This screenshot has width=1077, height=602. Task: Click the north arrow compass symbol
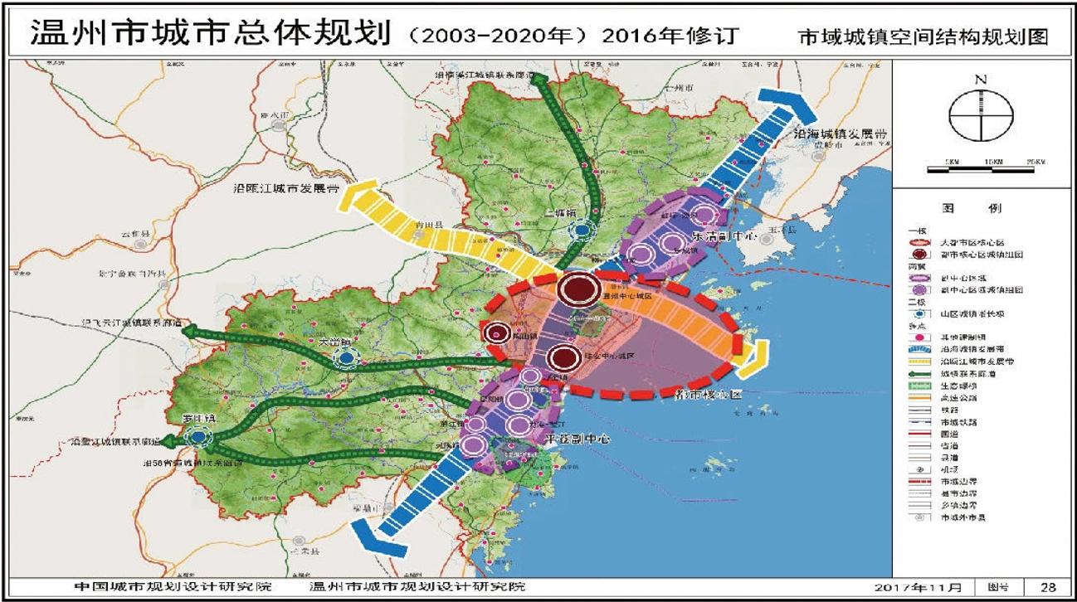[982, 116]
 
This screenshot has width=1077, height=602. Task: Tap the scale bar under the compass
[982, 169]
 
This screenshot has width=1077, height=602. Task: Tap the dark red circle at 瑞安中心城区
[564, 357]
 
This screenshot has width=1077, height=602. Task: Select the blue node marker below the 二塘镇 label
[583, 228]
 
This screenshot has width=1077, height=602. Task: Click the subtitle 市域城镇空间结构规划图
[922, 37]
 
